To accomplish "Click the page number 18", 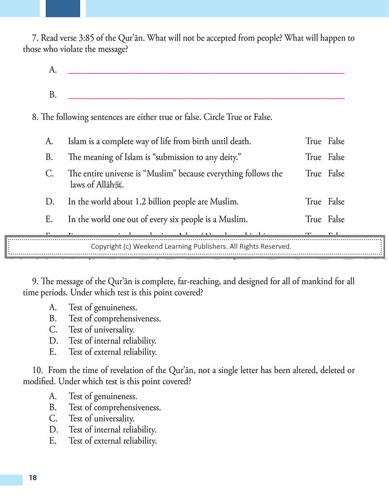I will (33, 478).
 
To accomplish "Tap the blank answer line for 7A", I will (206, 72).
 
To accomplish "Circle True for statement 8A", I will (313, 141).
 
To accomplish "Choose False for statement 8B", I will (336, 157).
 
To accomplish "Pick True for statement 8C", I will (313, 173).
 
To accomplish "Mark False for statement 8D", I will (336, 202).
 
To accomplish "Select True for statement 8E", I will (313, 219).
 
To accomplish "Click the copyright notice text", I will (191, 246).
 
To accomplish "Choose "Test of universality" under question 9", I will (102, 330).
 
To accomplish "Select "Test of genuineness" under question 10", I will (103, 396).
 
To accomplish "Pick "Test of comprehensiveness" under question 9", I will (114, 318).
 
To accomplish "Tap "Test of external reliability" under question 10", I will (112, 441).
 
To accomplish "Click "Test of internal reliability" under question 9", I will (112, 341).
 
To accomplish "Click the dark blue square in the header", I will (63, 8).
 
